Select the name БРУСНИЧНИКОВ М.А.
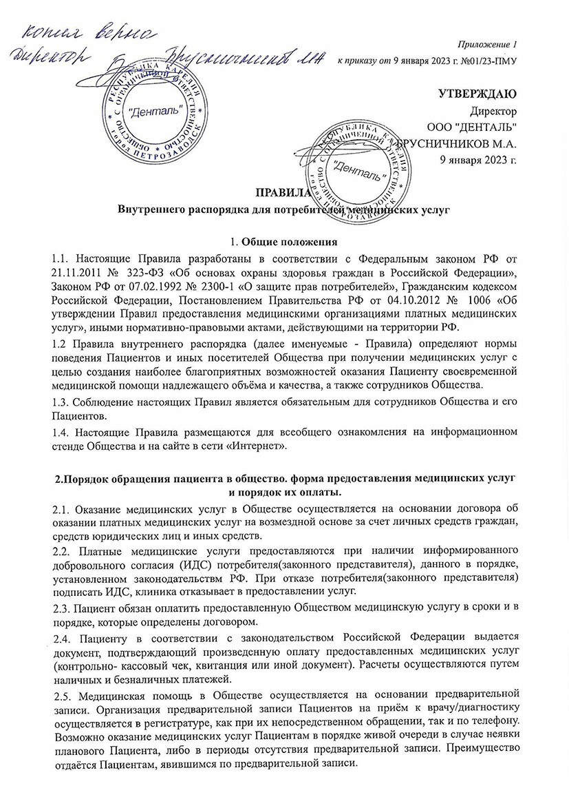[x=460, y=144]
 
